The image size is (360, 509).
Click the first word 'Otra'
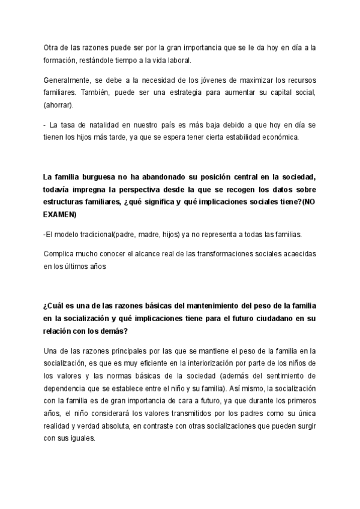click(52, 47)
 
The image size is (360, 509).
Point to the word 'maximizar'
click(221, 80)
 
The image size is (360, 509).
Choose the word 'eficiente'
click(150, 364)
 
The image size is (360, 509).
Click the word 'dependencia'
click(65, 388)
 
